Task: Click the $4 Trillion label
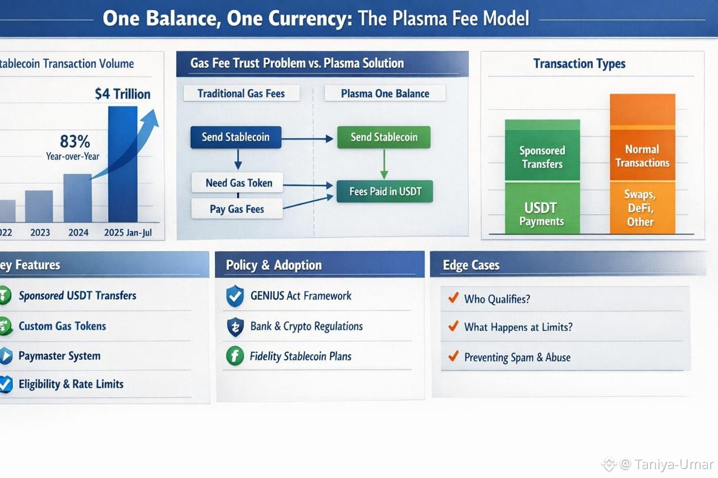coord(123,93)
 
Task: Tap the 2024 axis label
coord(78,232)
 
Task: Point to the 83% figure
coord(75,141)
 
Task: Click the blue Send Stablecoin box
coord(236,137)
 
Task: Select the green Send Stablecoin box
coord(384,137)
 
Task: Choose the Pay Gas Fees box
coord(237,209)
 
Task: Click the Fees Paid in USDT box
coord(385,192)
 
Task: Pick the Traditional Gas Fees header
coord(241,94)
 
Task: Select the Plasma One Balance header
coord(385,94)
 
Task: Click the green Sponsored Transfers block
coord(542,157)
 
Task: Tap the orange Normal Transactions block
coord(642,156)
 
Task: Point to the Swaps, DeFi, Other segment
coord(642,208)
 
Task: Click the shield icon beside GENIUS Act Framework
coord(234,296)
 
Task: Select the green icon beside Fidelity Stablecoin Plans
coord(234,356)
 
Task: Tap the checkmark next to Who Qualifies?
coord(453,298)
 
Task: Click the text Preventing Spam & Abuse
coord(517,358)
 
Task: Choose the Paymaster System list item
coord(59,356)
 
